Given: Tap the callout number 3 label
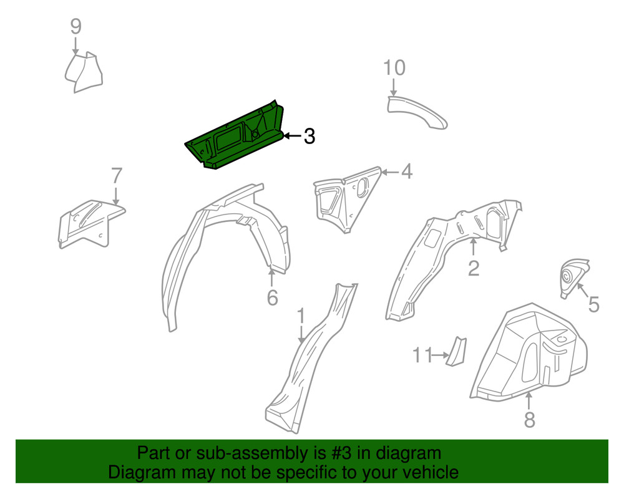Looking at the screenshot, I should click(x=309, y=137).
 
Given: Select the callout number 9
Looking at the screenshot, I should click(x=76, y=26).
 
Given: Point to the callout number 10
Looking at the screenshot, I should click(x=394, y=67).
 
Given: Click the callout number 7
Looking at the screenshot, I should click(x=117, y=176).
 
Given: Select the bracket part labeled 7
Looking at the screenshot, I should click(x=87, y=221).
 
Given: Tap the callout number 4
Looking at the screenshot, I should click(x=407, y=171).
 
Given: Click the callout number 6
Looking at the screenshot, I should click(x=272, y=298).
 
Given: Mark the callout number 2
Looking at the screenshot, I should click(x=474, y=268).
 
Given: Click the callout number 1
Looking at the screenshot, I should click(x=301, y=316).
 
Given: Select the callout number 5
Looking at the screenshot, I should click(x=593, y=304).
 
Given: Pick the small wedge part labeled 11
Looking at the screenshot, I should click(x=457, y=352).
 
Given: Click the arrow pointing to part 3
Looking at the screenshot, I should click(x=292, y=135).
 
